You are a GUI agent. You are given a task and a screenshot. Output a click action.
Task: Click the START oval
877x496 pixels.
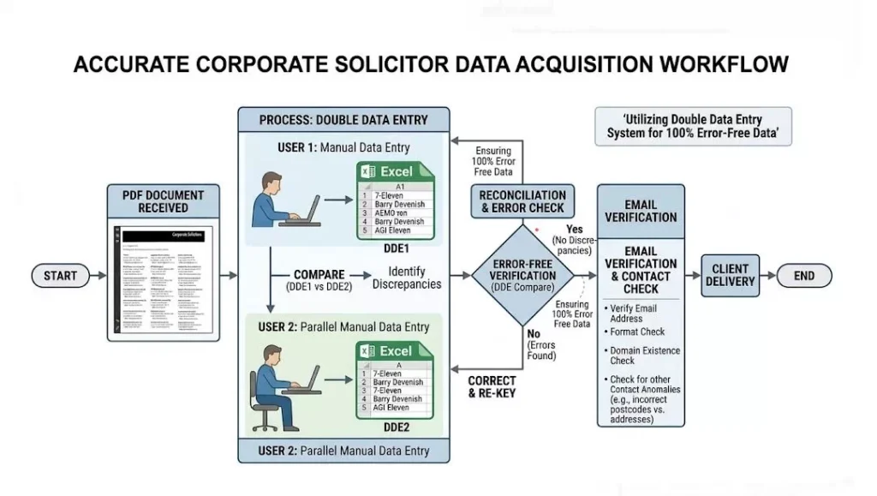click(x=60, y=276)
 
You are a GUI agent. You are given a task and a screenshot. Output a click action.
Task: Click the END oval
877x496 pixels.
click(x=803, y=276)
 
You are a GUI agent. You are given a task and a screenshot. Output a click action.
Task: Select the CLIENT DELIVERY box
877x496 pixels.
click(x=731, y=276)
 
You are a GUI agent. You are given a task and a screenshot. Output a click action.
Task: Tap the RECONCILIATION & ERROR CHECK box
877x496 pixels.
click(x=522, y=202)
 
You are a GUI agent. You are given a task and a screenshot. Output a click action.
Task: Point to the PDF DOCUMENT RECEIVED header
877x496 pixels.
click(x=164, y=200)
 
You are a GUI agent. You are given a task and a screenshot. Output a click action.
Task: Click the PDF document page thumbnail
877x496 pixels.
click(x=164, y=282)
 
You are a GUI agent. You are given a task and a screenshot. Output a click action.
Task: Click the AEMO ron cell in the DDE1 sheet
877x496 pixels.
click(x=391, y=213)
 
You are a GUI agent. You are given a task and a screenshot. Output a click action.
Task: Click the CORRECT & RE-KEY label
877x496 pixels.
click(x=492, y=387)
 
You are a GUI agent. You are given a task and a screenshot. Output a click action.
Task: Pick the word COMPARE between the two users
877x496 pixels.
click(x=319, y=275)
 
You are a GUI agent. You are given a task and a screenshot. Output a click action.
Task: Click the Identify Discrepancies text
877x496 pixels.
click(x=407, y=278)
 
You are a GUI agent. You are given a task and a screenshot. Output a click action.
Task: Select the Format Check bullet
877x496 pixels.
click(x=636, y=332)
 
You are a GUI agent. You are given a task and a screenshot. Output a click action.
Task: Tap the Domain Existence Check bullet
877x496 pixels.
click(x=644, y=356)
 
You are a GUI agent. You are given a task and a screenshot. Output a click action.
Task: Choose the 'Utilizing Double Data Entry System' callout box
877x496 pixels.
click(x=693, y=126)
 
